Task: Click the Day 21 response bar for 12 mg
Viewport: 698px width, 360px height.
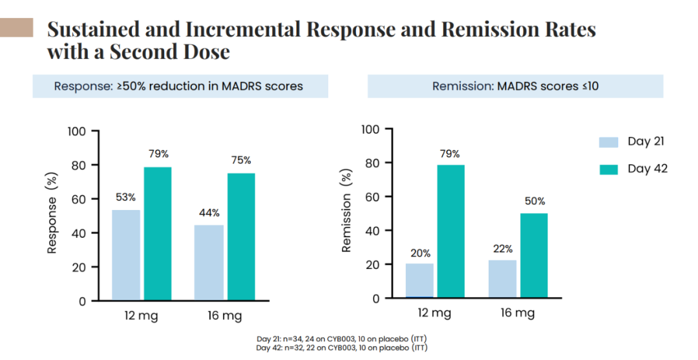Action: point(126,255)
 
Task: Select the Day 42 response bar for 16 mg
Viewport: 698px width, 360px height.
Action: point(241,237)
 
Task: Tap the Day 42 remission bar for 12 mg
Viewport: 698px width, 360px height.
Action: point(450,231)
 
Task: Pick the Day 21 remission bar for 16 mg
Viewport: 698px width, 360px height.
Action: point(502,279)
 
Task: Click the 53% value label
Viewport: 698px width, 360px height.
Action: point(125,197)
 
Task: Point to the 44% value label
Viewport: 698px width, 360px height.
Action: point(209,213)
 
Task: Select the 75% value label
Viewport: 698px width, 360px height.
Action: point(241,160)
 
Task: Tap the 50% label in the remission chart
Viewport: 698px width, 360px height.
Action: point(534,201)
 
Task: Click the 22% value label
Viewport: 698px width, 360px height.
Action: point(502,248)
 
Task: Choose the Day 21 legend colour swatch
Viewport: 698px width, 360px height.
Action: point(610,142)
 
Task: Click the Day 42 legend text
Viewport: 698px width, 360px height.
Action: point(648,169)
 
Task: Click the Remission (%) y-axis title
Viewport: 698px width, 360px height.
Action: point(346,211)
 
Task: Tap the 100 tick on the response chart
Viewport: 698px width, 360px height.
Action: point(77,132)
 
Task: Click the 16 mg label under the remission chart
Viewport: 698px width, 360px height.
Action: point(518,313)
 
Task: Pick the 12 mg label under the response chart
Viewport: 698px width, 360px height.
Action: point(142,316)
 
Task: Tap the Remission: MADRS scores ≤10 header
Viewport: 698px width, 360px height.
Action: point(515,86)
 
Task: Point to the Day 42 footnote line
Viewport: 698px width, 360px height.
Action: point(342,347)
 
